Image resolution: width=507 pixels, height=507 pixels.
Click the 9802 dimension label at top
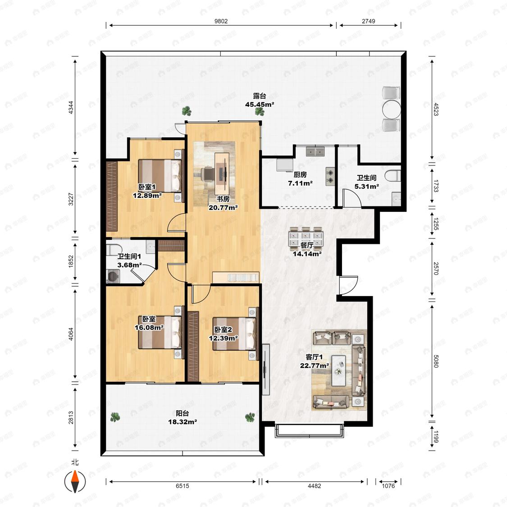[x=221, y=21]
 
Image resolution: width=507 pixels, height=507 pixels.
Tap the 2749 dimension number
[x=368, y=21]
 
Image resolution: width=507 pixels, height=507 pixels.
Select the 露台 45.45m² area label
[x=260, y=100]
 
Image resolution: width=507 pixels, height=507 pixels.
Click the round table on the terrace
[x=392, y=110]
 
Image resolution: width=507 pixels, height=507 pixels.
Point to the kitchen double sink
[x=315, y=151]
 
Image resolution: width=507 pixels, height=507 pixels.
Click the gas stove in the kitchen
[x=330, y=177]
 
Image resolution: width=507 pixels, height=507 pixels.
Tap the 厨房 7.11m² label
[x=300, y=179]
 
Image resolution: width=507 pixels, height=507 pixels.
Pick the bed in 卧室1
[x=160, y=176]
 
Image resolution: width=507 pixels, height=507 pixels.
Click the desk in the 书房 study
[x=222, y=171]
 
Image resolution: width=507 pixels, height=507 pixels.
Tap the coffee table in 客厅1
[x=338, y=370]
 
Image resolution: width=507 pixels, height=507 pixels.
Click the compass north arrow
[x=75, y=481]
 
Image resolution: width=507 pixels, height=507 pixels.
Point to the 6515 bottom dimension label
[x=183, y=486]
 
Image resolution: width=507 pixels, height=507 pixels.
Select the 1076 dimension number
[x=388, y=486]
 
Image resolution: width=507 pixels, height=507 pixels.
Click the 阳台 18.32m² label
[x=183, y=417]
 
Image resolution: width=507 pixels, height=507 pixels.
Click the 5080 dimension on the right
[x=435, y=361]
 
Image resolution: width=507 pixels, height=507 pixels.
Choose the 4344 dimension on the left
[x=71, y=107]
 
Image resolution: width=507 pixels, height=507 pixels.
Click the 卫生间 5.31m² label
[x=367, y=182]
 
